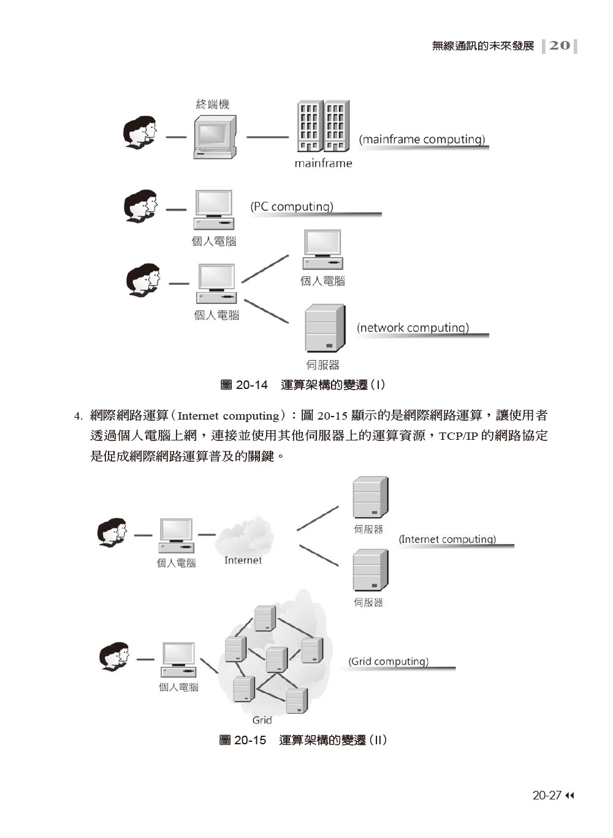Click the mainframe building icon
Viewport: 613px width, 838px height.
(323, 126)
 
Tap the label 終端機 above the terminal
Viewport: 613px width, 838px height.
(212, 105)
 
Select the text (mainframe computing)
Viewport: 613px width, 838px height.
(422, 140)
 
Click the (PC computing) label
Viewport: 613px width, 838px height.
(292, 207)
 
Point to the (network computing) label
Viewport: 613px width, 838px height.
(413, 328)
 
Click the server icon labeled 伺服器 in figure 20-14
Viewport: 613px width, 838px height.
(325, 329)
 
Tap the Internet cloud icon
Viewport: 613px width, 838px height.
(244, 536)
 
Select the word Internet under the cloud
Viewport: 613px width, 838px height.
(243, 561)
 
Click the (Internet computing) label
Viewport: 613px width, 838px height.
(447, 540)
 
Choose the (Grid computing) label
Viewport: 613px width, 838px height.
(389, 662)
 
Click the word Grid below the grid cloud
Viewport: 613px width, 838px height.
(262, 720)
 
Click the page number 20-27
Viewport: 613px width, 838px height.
(547, 796)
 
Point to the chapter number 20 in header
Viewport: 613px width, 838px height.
(559, 45)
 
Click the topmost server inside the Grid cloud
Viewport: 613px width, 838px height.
(264, 618)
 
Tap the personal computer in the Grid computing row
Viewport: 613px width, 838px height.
(178, 659)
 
